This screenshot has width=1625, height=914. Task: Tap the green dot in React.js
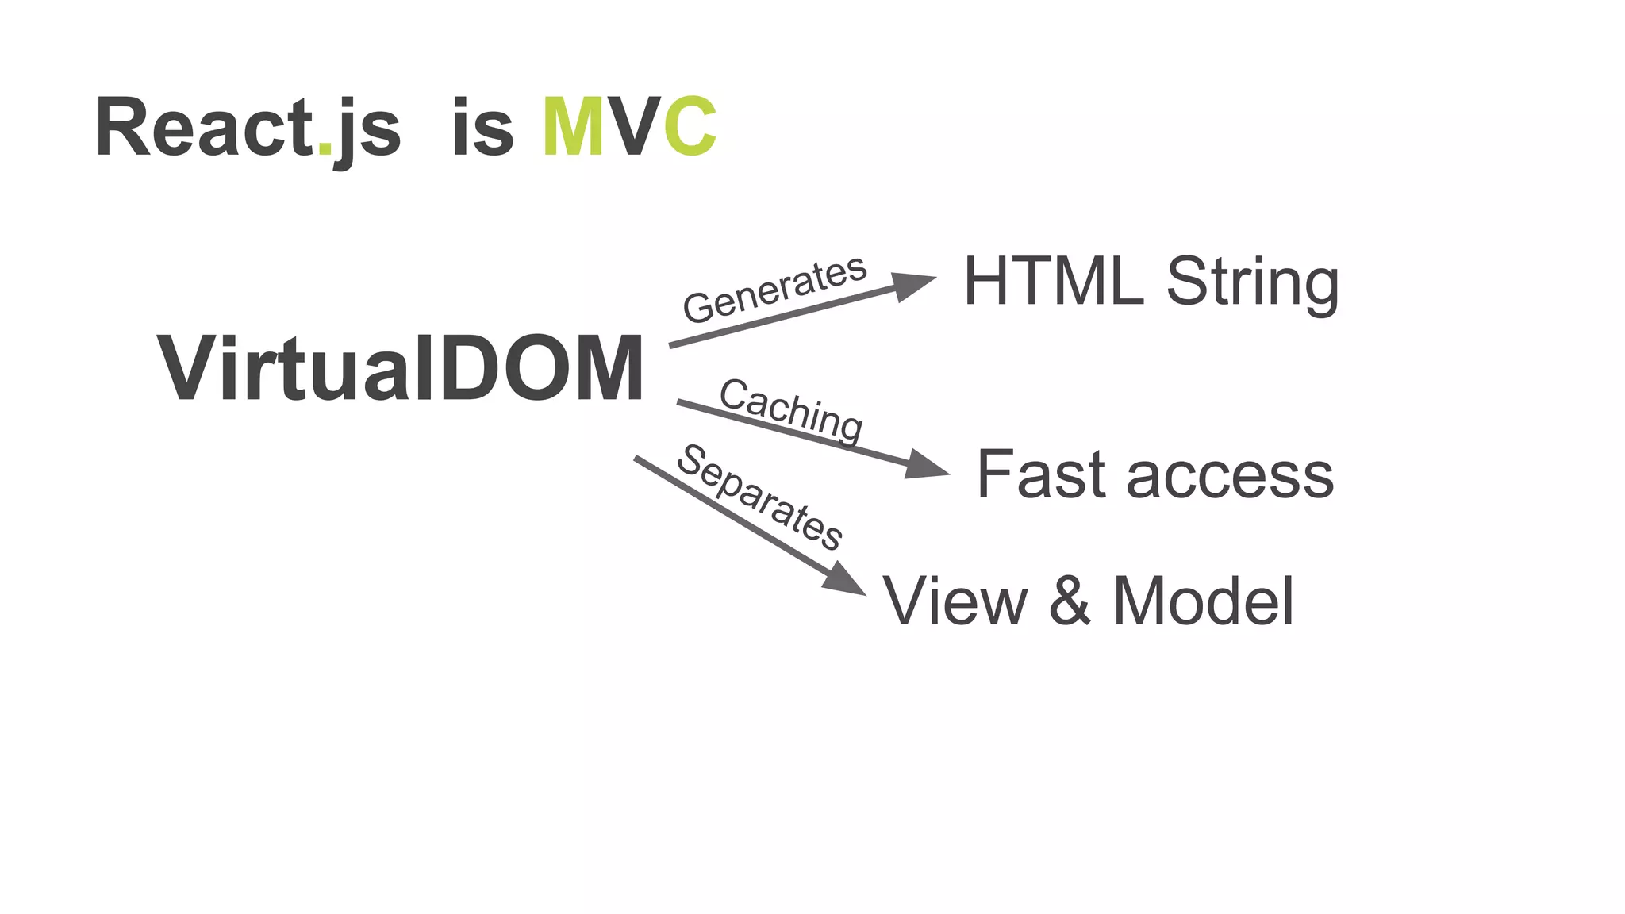(325, 148)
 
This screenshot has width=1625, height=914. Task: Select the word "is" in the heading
(482, 128)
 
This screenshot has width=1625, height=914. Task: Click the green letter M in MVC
(574, 128)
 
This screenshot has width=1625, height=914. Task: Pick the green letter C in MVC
(690, 128)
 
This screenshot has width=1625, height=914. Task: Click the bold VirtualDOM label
(401, 369)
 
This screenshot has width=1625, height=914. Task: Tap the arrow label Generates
(774, 289)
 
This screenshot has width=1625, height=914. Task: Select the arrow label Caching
(791, 410)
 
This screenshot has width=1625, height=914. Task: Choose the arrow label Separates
(759, 497)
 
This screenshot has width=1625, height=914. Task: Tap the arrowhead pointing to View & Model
(843, 579)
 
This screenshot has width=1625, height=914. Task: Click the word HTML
(1054, 281)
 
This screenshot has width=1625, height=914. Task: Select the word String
(1252, 284)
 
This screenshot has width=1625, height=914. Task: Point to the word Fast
(1040, 474)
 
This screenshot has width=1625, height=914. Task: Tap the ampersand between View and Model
(1070, 601)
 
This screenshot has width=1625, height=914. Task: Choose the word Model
(1203, 601)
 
